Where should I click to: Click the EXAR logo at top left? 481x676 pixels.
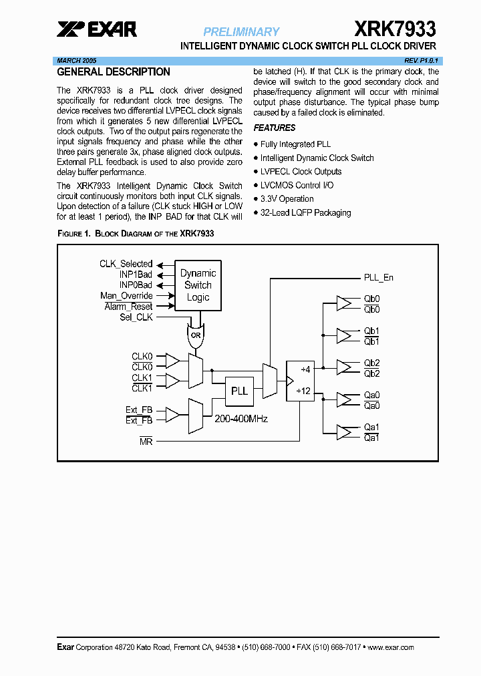click(x=97, y=29)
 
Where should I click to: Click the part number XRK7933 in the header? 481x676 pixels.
click(x=394, y=29)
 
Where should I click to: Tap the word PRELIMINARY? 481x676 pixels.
click(x=241, y=31)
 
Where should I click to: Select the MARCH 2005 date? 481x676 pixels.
click(x=77, y=60)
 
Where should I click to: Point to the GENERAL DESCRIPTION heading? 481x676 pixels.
click(x=114, y=72)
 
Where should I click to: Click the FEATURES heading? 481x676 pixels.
click(x=274, y=128)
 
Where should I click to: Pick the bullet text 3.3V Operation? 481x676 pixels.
click(x=287, y=199)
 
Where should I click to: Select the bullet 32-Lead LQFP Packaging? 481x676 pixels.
click(x=305, y=213)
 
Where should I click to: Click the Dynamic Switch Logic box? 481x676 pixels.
click(x=198, y=285)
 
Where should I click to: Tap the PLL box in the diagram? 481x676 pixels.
click(x=239, y=391)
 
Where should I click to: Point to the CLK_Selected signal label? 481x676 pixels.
click(x=126, y=264)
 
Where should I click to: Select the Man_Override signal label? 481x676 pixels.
click(x=126, y=296)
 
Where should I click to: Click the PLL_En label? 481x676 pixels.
click(x=378, y=277)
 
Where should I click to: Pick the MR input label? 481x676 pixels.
click(x=146, y=441)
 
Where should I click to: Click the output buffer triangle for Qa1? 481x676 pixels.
click(x=345, y=432)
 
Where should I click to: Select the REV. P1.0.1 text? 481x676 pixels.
click(x=420, y=60)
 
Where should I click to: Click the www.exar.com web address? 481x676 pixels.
click(x=391, y=647)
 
